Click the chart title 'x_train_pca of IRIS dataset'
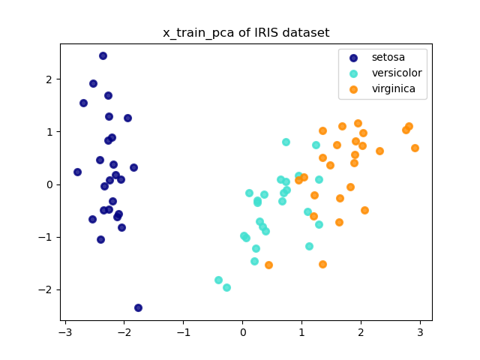246,33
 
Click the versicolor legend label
397,73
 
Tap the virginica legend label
394,89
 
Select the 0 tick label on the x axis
242,332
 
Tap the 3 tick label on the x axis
420,332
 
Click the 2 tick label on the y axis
48,79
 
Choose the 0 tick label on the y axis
48,184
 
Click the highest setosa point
103,55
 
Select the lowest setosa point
138,307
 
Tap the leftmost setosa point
77,172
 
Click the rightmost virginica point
415,148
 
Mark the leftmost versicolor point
218,280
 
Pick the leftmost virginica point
268,265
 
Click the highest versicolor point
286,142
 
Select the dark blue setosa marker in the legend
354,57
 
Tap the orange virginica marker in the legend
354,89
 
